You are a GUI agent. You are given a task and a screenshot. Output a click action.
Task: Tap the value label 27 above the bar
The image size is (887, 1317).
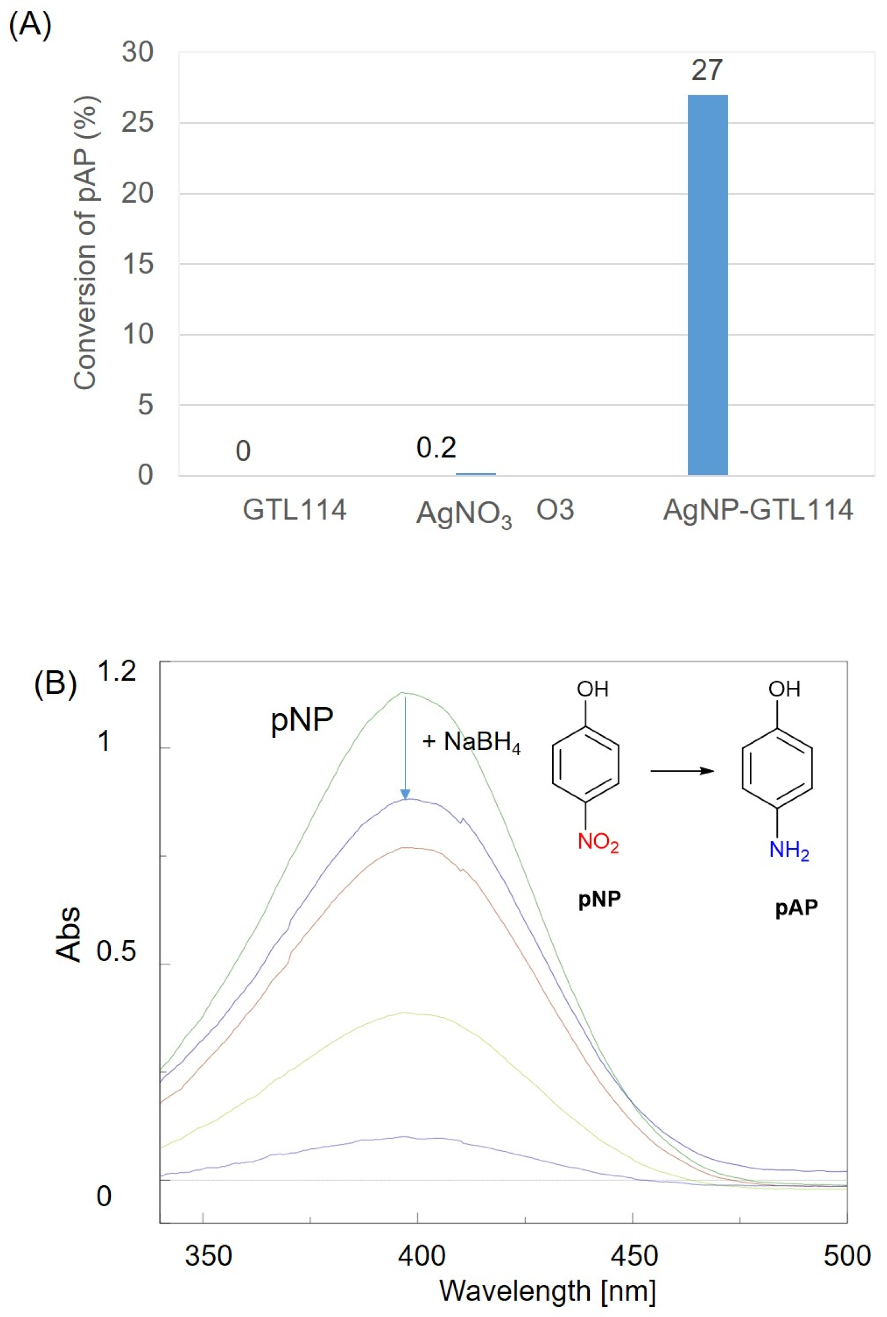pyautogui.click(x=706, y=70)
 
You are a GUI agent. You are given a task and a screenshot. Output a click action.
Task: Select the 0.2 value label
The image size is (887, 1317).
pyautogui.click(x=436, y=448)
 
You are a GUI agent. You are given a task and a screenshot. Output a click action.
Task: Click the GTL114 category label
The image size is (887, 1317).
pyautogui.click(x=294, y=510)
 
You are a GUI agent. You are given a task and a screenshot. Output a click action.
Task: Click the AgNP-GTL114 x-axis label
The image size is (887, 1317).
pyautogui.click(x=758, y=510)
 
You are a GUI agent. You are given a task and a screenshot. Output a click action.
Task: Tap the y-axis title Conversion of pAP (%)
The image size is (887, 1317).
pyautogui.click(x=86, y=243)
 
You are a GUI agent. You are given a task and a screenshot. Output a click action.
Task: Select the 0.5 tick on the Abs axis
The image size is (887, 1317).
pyautogui.click(x=116, y=952)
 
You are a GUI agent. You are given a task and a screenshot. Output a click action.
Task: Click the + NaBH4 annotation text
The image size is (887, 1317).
pyautogui.click(x=471, y=742)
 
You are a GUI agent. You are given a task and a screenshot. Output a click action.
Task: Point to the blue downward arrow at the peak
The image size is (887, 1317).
pyautogui.click(x=405, y=746)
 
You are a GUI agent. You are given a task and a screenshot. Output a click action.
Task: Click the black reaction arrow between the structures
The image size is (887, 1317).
pyautogui.click(x=682, y=770)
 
